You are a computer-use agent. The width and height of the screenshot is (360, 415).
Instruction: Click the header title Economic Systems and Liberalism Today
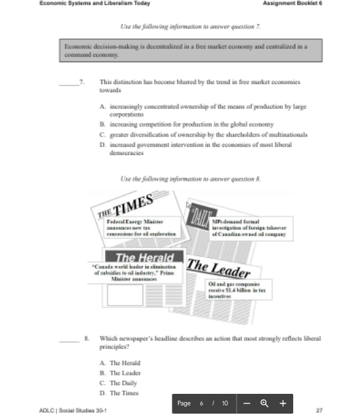coord(94,3)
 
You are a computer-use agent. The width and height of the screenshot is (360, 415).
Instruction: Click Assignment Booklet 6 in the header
coord(292,3)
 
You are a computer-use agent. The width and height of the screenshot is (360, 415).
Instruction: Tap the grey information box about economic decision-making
coord(190,50)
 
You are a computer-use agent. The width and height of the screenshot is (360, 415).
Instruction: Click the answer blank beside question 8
coord(68,339)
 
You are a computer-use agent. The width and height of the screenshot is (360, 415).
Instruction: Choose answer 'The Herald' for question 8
coord(125,363)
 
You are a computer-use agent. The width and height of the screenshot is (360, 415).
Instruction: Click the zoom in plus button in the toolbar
coord(282,403)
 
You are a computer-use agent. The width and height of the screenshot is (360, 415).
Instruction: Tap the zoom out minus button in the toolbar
coord(247,403)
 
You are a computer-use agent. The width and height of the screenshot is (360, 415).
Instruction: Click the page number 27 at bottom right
coord(319,410)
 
